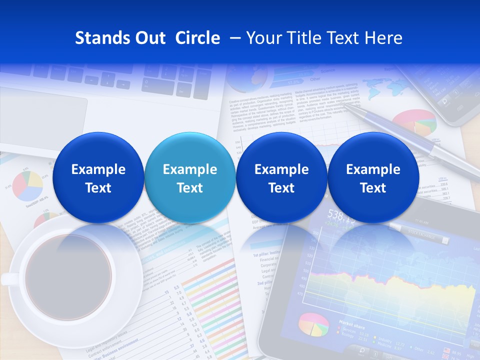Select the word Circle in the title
point(197,38)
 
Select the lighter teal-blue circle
point(190,178)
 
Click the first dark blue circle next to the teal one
point(281,178)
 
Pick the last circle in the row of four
point(373,178)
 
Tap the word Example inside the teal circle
point(190,169)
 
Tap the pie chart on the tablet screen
point(313,324)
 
